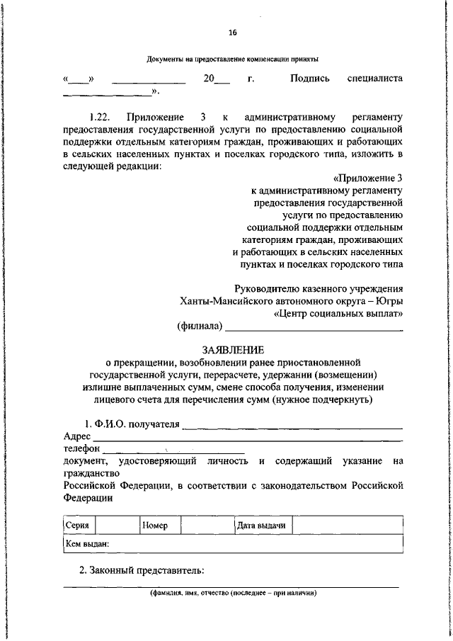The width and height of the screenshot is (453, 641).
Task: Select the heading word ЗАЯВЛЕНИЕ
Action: click(233, 350)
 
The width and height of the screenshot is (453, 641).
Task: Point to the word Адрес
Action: click(76, 437)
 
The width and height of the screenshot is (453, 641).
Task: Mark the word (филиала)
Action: click(200, 327)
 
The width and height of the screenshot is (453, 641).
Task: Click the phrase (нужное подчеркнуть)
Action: click(327, 400)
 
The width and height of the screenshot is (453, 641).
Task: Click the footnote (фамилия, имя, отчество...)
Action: click(232, 594)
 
